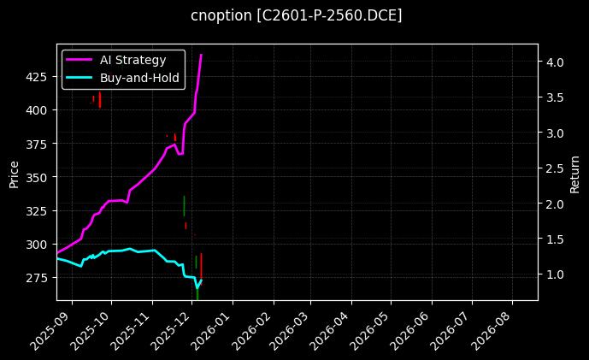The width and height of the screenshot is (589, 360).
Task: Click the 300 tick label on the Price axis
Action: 38,245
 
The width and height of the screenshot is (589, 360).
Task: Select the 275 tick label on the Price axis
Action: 38,278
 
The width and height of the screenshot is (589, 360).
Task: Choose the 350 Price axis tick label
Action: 38,177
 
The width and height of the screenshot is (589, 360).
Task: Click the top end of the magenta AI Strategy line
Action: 201,55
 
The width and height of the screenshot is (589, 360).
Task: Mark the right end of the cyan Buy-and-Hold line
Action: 201,280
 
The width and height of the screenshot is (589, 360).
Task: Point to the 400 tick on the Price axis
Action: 38,110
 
